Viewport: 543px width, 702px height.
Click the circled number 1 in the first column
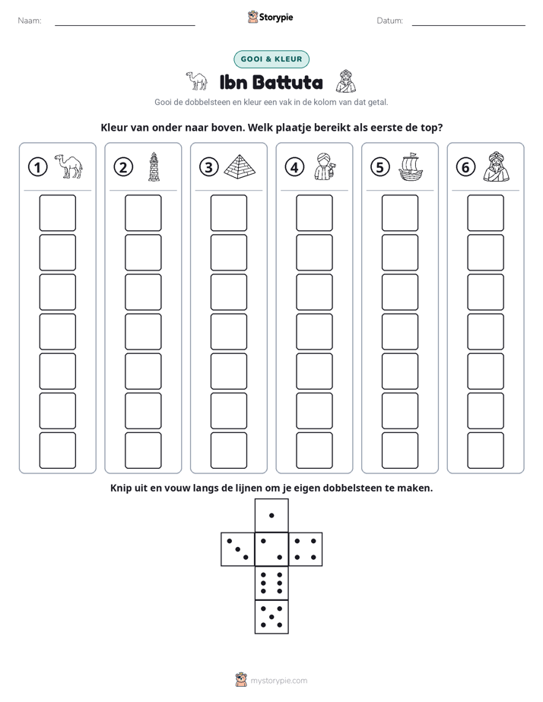[x=37, y=167]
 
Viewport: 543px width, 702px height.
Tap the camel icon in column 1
[x=68, y=166]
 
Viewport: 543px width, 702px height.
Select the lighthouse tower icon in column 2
[x=154, y=166]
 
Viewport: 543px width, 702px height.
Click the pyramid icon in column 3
[x=240, y=166]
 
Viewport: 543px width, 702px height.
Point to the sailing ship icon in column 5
[x=411, y=167]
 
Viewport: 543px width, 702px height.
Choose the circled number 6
[x=465, y=167]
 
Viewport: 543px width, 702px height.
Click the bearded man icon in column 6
[x=497, y=166]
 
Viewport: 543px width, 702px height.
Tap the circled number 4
[x=294, y=167]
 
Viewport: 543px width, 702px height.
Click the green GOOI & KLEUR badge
[x=271, y=59]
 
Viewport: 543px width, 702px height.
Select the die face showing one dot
[x=271, y=516]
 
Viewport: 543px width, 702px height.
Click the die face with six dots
[x=271, y=583]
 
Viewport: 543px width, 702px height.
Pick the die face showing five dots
[x=271, y=617]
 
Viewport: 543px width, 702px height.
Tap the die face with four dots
[x=306, y=549]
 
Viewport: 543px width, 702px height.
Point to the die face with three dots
[x=238, y=549]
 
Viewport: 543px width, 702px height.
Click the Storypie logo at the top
[x=270, y=17]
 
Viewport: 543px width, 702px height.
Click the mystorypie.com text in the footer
[x=278, y=681]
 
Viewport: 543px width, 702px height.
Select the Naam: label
[x=30, y=21]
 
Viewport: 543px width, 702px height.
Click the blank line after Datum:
[x=468, y=25]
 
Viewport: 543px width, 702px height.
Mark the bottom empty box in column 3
[x=228, y=451]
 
